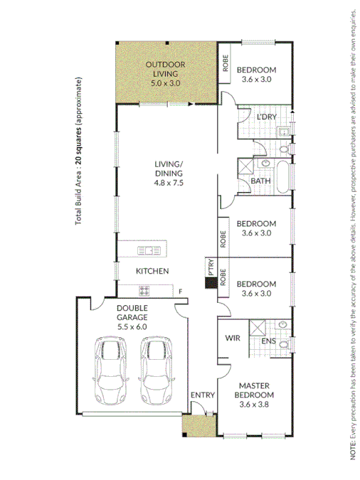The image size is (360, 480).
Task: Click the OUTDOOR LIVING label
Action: pos(166,69)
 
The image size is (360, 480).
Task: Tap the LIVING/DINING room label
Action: pos(169,169)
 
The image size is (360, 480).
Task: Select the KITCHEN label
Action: pos(152,271)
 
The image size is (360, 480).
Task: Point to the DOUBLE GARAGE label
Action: pos(132,312)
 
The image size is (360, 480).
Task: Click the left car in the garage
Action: pos(110,370)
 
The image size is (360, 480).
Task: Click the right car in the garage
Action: pos(157,370)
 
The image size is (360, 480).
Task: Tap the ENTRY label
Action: pos(198,395)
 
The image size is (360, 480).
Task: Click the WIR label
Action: pos(231,338)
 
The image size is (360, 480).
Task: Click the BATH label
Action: pos(260,181)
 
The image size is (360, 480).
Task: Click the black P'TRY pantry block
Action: pos(211,282)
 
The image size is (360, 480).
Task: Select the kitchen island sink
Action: pos(149,250)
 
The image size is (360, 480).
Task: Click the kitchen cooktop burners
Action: pos(144,290)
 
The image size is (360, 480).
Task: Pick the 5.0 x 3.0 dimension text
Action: pos(166,82)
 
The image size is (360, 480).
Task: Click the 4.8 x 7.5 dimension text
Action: pos(169,183)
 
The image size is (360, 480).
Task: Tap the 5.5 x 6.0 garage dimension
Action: pos(132,327)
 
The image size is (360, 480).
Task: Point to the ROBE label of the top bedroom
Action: pos(224,65)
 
